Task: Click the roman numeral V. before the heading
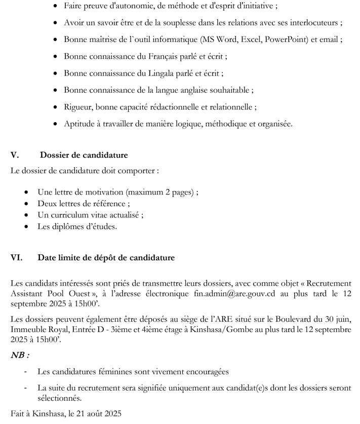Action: coord(15,155)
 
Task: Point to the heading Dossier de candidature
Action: coord(84,155)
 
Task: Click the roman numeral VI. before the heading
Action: coord(17,258)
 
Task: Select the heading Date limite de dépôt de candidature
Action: coord(106,258)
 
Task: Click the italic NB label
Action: coord(20,356)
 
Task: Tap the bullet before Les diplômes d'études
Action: coord(26,227)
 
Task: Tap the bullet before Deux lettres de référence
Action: coord(26,204)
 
